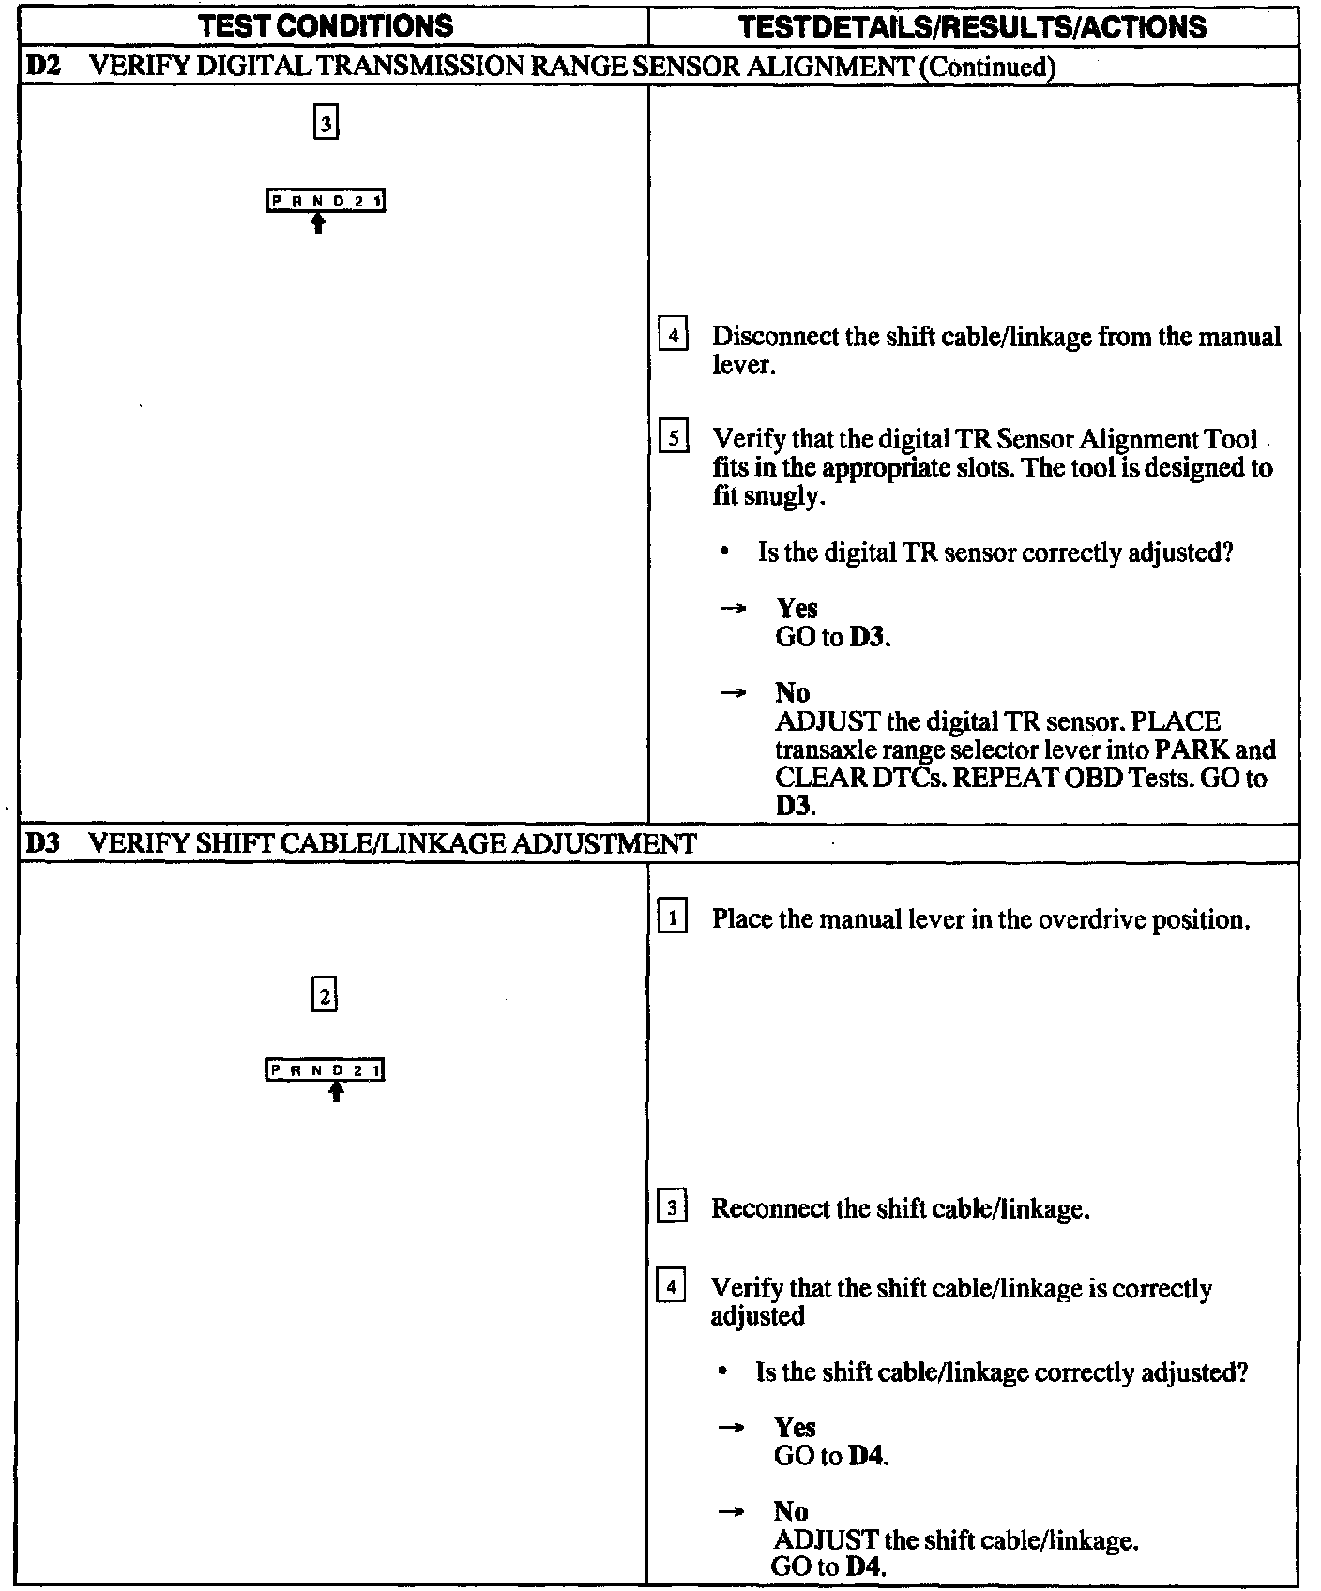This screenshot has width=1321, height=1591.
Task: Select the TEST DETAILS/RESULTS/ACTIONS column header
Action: pos(972,25)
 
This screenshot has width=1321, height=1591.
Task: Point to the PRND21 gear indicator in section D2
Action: pos(326,201)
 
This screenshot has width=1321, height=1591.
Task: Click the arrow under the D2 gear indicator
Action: pos(319,222)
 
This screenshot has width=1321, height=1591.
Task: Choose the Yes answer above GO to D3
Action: pos(797,609)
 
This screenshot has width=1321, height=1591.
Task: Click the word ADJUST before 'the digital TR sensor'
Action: pos(827,722)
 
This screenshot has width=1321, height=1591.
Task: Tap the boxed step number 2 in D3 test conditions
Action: pos(325,996)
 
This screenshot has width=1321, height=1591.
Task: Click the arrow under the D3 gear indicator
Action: pos(337,1091)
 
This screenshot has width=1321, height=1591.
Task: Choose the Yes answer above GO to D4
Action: pos(795,1428)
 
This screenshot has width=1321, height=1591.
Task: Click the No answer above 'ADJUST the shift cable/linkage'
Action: pos(791,1511)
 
